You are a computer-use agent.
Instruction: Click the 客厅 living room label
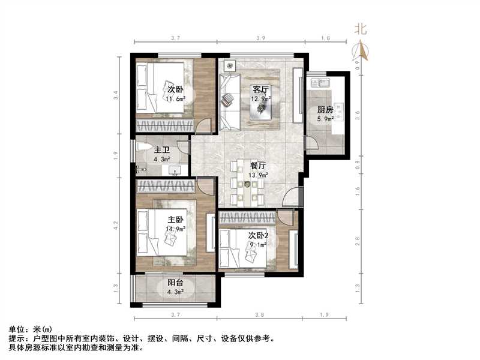pyautogui.click(x=260, y=89)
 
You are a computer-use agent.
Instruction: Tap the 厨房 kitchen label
pyautogui.click(x=325, y=110)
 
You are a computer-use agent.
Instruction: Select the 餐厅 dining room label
pyautogui.click(x=258, y=166)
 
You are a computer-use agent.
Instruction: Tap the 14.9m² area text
pyautogui.click(x=175, y=229)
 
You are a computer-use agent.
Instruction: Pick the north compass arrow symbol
pyautogui.click(x=361, y=51)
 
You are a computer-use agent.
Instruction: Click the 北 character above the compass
pyautogui.click(x=361, y=28)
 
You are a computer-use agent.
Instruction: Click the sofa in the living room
pyautogui.click(x=229, y=102)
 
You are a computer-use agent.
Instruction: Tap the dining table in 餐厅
pyautogui.click(x=246, y=183)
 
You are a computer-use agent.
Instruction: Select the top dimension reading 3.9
pyautogui.click(x=261, y=38)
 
